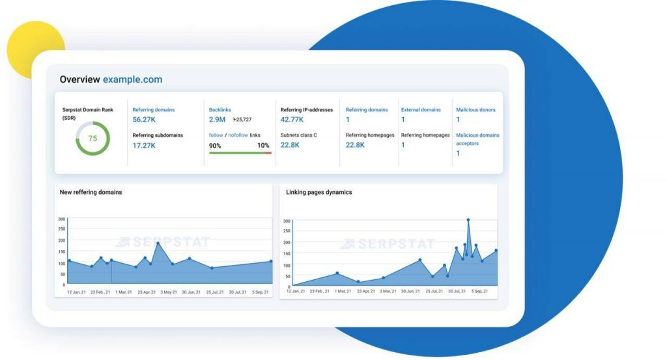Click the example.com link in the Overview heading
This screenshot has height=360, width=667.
(x=132, y=79)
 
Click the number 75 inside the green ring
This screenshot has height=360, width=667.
(x=92, y=138)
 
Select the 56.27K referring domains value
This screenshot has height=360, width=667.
(x=144, y=120)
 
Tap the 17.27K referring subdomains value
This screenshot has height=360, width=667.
(x=144, y=145)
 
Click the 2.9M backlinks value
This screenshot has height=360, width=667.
(x=218, y=120)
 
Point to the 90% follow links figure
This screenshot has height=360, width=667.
(x=215, y=145)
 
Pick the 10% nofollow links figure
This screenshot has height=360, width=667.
(x=263, y=145)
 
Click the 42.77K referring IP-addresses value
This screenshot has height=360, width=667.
(x=292, y=120)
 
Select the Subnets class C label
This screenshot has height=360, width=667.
(x=299, y=135)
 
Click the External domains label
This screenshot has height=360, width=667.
(x=421, y=110)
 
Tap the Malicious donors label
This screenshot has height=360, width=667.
(x=475, y=110)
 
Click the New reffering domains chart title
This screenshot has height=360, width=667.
(x=91, y=192)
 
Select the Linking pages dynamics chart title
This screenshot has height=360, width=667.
(x=319, y=192)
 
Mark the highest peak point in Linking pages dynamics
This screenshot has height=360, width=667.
(x=468, y=220)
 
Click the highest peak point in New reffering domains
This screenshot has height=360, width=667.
(x=158, y=243)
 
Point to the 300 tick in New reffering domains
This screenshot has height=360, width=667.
(x=61, y=219)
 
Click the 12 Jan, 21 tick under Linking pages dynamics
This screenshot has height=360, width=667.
(x=295, y=292)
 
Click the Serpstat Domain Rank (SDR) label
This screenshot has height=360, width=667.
(x=87, y=114)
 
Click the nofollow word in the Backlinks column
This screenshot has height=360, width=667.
(x=237, y=135)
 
